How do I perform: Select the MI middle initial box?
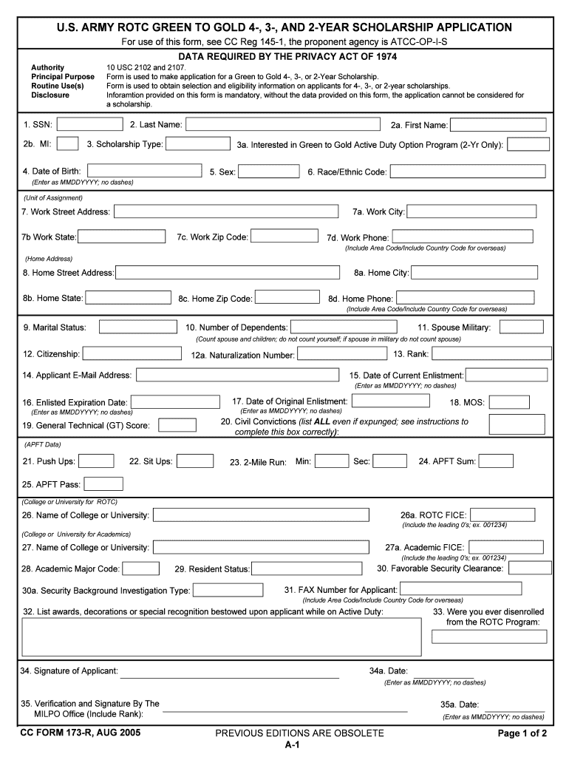click(x=68, y=144)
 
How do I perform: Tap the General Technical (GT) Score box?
click(x=177, y=425)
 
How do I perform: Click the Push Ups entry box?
click(x=96, y=461)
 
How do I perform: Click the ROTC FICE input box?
click(x=502, y=515)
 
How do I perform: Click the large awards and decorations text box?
click(x=219, y=637)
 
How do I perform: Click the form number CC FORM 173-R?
click(x=82, y=733)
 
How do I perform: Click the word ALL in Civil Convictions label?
click(x=323, y=421)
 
